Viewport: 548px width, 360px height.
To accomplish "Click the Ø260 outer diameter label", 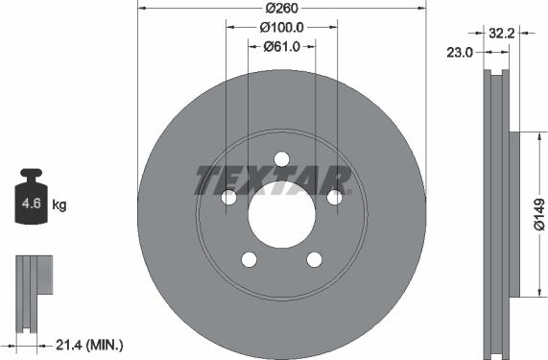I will [x=281, y=8].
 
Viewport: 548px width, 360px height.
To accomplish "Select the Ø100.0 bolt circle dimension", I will [x=281, y=27].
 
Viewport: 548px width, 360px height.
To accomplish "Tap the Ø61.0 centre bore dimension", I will [x=281, y=46].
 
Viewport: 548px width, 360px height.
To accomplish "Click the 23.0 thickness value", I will [x=461, y=53].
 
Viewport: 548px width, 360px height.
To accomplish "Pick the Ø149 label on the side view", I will [x=538, y=216].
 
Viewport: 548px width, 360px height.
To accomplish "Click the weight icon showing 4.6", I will [x=31, y=200].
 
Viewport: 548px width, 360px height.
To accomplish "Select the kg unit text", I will [x=60, y=205].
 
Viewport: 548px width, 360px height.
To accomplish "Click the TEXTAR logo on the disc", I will [x=274, y=180].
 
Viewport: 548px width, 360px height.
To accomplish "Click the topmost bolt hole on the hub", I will [x=281, y=158].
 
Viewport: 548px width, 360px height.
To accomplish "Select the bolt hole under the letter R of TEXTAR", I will [x=334, y=197].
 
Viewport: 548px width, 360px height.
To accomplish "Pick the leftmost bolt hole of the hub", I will [x=228, y=197].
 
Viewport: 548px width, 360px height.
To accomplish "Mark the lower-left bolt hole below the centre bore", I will [x=249, y=259].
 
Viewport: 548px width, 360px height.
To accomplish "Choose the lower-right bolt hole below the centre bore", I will [x=314, y=259].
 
